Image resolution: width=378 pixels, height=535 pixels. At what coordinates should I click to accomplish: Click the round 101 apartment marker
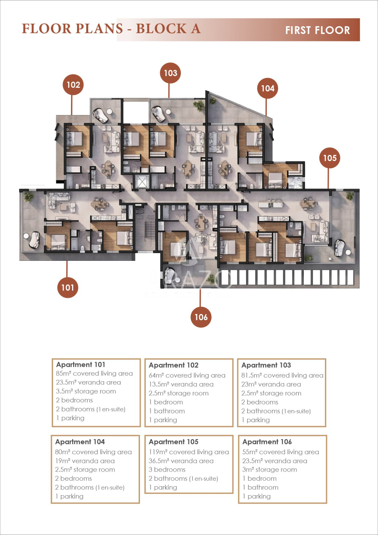[68, 288]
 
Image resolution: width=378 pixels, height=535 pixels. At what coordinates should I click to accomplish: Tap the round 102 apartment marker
[73, 85]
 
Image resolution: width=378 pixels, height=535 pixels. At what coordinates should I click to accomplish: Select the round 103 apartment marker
[170, 73]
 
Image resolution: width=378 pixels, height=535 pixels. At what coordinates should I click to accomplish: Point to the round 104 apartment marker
[267, 88]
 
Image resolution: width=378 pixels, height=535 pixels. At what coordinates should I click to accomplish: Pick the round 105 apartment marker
[330, 158]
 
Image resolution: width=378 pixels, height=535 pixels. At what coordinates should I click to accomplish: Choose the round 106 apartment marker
[201, 317]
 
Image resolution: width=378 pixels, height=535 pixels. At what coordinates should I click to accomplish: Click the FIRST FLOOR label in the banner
[318, 30]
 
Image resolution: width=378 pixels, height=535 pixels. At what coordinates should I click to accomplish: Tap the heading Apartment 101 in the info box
[81, 364]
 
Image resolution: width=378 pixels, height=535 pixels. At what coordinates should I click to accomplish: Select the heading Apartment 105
[173, 442]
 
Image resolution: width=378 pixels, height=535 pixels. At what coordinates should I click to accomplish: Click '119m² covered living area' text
[189, 452]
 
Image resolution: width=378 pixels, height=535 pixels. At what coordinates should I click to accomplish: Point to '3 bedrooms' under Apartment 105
[167, 470]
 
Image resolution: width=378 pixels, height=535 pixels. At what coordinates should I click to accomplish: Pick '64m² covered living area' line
[187, 375]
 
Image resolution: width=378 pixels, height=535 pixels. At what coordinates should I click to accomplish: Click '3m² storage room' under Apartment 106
[269, 470]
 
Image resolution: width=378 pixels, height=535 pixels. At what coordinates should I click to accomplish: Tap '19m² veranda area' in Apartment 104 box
[85, 461]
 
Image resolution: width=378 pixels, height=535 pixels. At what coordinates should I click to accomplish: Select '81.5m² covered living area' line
[282, 375]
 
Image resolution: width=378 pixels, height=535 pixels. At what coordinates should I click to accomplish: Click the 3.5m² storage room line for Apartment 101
[86, 391]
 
